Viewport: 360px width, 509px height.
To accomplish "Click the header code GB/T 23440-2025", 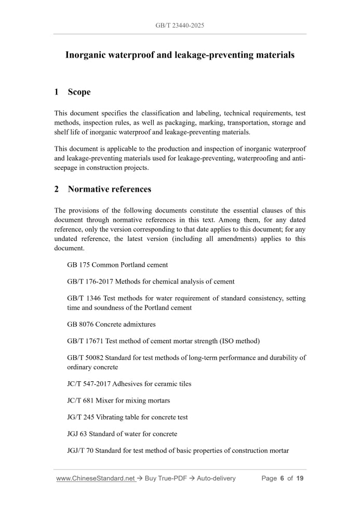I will pos(180,25).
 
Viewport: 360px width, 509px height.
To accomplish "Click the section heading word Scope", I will pos(79,92).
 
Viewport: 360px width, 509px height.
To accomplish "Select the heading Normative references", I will pos(109,189).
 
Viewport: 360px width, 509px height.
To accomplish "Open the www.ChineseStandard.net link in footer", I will pos(96,478).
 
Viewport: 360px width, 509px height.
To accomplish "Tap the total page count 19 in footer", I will pos(300,478).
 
